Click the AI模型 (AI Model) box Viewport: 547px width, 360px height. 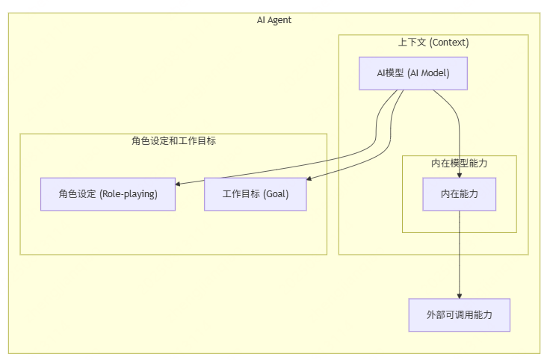pos(412,73)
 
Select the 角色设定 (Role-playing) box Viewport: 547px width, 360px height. pos(108,194)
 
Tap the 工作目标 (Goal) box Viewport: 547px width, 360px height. pos(255,194)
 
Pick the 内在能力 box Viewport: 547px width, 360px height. pos(459,194)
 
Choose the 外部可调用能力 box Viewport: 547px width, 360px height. pos(459,315)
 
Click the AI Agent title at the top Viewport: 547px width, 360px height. pos(273,20)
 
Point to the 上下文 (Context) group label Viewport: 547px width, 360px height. pos(433,43)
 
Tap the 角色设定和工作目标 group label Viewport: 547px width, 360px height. pos(173,140)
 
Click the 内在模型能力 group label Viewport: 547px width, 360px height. pos(459,163)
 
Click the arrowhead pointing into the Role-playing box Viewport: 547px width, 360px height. pos(179,183)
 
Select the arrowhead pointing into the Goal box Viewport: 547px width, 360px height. pos(310,179)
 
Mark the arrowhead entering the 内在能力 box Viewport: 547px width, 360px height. pos(459,174)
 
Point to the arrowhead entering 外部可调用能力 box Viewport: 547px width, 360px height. pos(459,295)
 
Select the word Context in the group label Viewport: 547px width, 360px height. pos(449,43)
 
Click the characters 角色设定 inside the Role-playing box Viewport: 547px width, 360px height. pos(76,194)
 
